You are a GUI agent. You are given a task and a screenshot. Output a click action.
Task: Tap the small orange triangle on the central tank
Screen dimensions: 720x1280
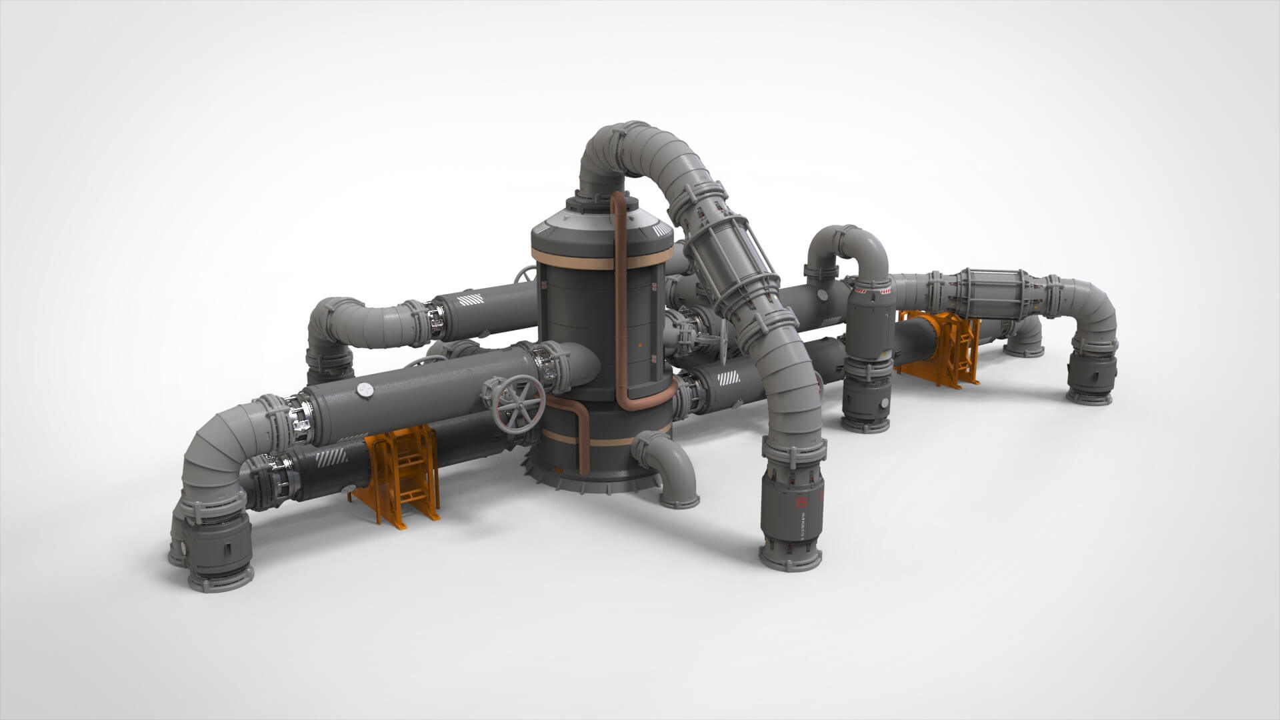[639, 345]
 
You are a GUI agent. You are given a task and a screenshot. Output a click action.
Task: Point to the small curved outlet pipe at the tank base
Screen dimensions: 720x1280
[670, 467]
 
